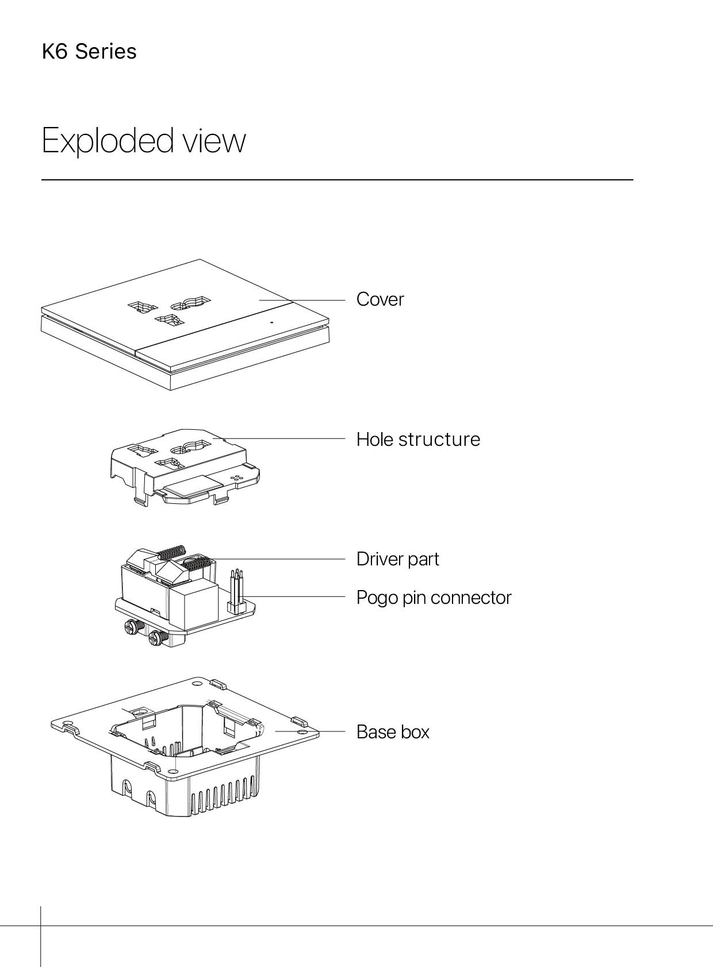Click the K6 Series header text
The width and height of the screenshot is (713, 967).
89,51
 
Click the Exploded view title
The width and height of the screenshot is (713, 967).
144,141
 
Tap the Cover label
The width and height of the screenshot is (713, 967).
380,299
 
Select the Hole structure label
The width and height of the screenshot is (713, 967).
418,439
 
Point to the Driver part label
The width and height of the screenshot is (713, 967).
397,559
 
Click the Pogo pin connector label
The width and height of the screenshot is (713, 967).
434,598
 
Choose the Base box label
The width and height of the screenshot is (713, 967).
393,732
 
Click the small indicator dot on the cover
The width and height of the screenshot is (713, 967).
272,322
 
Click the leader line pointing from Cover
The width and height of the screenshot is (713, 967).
302,299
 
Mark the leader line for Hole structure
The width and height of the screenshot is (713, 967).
279,438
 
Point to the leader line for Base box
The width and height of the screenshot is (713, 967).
310,731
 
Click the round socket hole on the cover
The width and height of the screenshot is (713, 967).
190,303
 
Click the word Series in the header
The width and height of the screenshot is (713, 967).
106,51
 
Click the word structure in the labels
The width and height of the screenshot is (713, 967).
439,439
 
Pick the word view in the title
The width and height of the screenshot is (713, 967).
213,141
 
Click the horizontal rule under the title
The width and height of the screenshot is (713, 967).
337,180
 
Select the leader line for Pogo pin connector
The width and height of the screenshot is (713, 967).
293,596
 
